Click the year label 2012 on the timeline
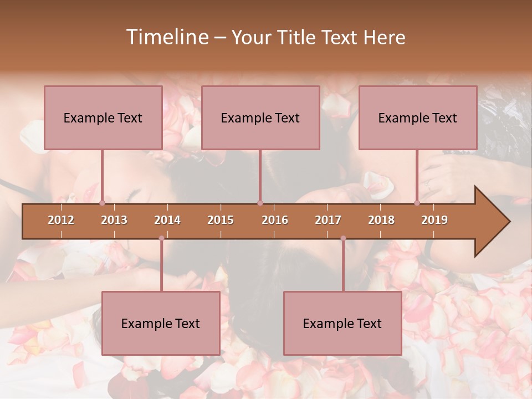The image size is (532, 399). click(61, 220)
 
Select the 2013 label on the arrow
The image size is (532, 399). click(114, 220)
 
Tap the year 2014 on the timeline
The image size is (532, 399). click(167, 220)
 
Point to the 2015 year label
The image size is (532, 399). click(221, 220)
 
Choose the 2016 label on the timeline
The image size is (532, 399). click(275, 220)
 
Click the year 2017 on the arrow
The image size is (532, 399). click(328, 220)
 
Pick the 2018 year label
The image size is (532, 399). click(381, 220)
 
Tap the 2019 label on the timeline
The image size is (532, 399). click(434, 220)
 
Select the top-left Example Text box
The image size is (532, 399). click(103, 117)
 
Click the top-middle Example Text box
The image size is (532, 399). click(260, 117)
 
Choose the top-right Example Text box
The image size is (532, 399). click(418, 117)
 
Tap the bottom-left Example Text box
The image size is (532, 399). click(161, 323)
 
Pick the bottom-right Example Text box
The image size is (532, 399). click(342, 323)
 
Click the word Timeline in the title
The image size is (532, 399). click(166, 37)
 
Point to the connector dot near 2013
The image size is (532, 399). click(102, 203)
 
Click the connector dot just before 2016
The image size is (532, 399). click(260, 203)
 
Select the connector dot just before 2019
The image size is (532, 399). click(417, 203)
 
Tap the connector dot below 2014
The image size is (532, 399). click(161, 238)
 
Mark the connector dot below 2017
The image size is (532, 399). click(343, 238)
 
